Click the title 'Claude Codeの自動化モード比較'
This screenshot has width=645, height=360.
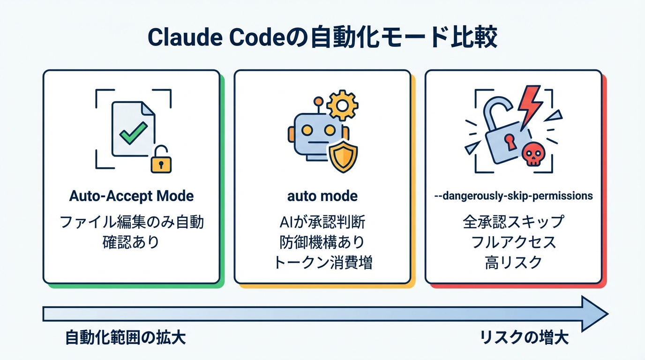pos(322,38)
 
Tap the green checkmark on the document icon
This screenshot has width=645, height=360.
pos(133,133)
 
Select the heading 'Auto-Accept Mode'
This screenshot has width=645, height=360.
pos(131,195)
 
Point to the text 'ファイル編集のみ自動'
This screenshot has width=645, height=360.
pos(131,221)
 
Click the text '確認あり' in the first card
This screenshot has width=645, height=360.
pos(131,242)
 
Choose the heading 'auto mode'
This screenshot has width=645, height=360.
pos(322,195)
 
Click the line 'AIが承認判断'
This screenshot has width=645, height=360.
pos(322,221)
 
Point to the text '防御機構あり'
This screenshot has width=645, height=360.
pos(322,242)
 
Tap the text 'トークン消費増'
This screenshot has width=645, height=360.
pos(322,262)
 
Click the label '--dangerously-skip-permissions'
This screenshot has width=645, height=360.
pos(514,195)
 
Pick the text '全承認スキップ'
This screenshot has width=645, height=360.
pos(514,221)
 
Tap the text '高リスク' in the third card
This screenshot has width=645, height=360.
pos(514,262)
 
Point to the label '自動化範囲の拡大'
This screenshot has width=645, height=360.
pos(126,338)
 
